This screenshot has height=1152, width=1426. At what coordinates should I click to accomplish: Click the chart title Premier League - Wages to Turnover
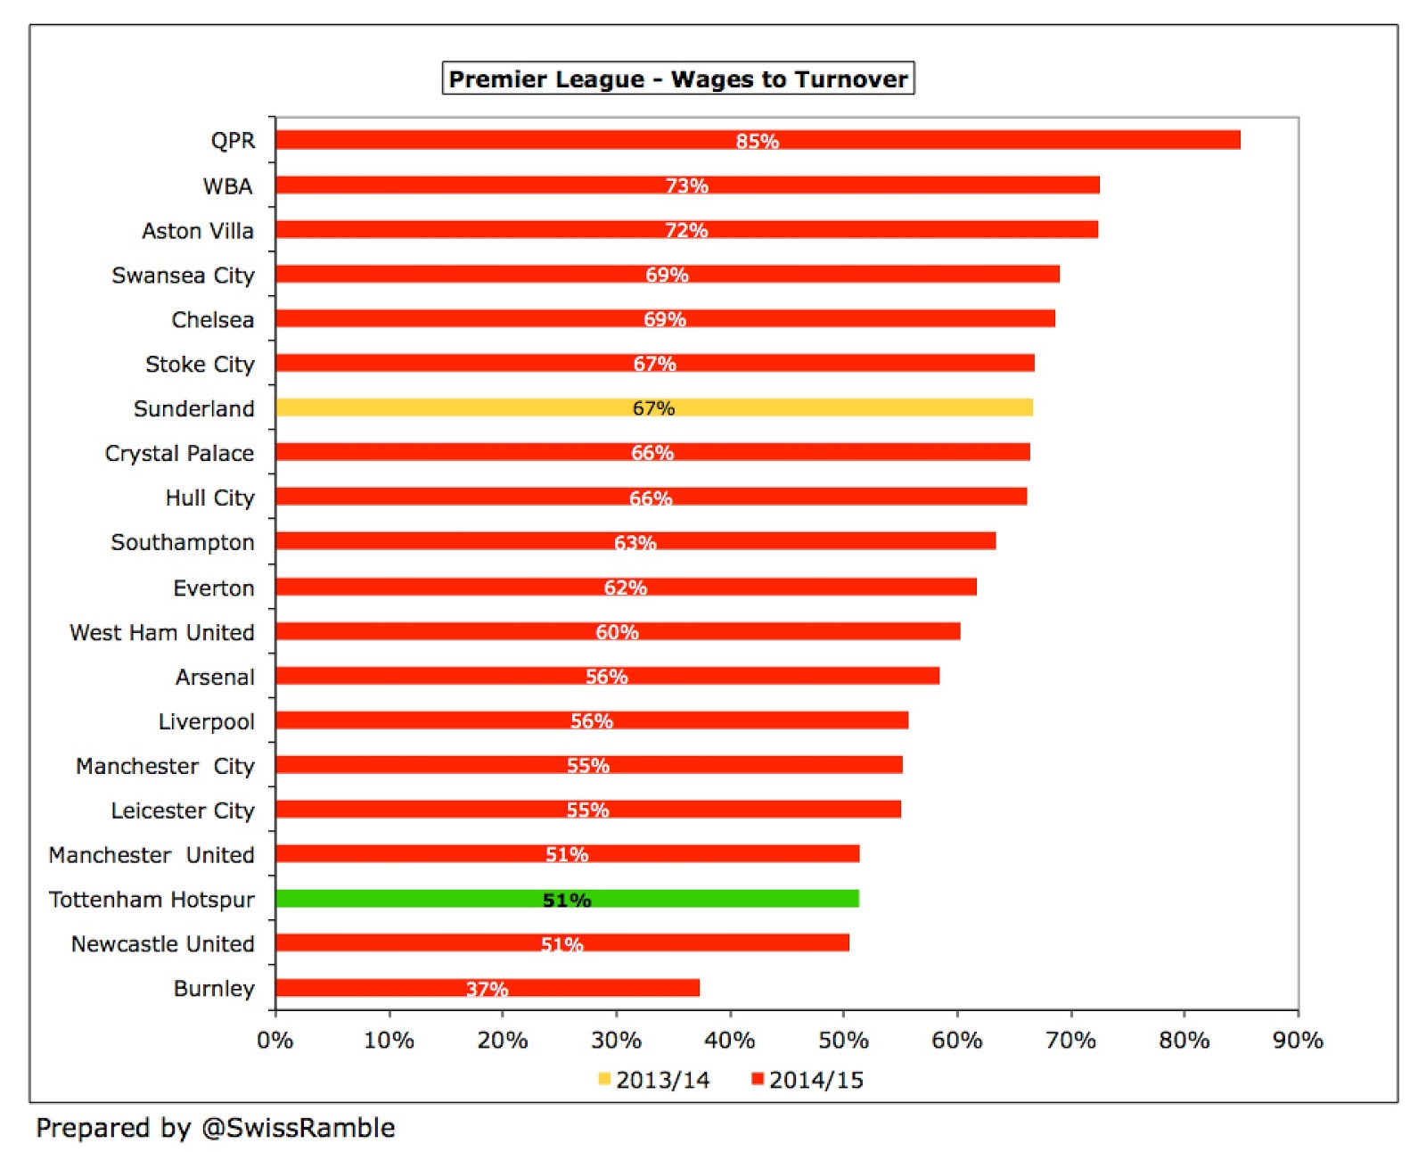[678, 78]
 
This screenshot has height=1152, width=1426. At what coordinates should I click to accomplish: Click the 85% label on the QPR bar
[757, 141]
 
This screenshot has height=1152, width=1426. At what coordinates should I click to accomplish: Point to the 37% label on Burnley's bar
[487, 989]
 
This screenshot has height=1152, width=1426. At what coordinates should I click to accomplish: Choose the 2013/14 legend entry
[653, 1080]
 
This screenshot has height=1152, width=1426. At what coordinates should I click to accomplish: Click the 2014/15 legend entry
[807, 1080]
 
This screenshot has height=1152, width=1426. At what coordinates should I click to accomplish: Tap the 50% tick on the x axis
[843, 1040]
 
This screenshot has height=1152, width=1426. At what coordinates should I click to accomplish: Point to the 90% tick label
[1298, 1040]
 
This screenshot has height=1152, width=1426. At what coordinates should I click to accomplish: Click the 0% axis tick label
[275, 1040]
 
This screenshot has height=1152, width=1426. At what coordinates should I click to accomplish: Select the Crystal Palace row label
[179, 453]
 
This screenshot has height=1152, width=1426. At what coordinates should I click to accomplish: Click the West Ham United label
[161, 632]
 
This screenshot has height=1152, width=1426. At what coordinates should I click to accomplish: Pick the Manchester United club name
[152, 855]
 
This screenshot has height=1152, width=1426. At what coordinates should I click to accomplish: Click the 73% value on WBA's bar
[686, 185]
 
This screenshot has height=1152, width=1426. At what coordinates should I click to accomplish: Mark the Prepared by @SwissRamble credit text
[215, 1128]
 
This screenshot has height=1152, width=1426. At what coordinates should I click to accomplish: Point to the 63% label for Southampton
[635, 542]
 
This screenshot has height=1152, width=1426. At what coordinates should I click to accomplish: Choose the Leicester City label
[182, 811]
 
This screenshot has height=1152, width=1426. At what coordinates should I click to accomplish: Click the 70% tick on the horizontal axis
[1070, 1040]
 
